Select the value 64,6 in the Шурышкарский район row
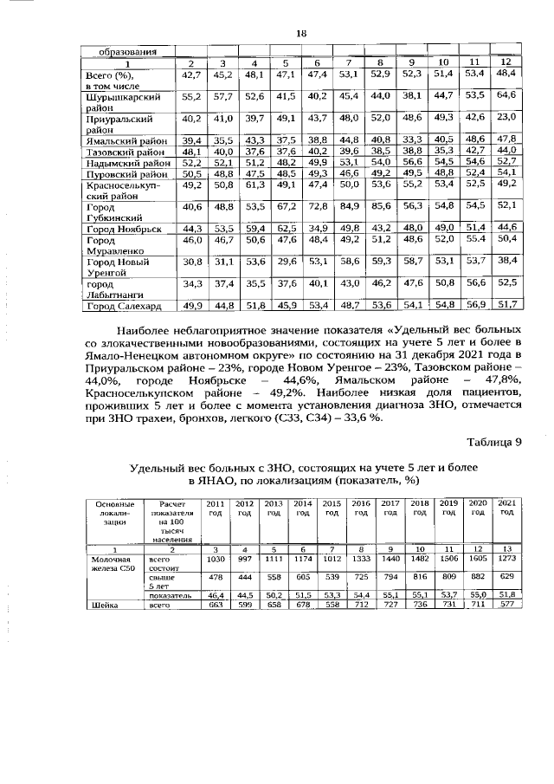506,94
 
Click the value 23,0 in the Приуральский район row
506,117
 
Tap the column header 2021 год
507,508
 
